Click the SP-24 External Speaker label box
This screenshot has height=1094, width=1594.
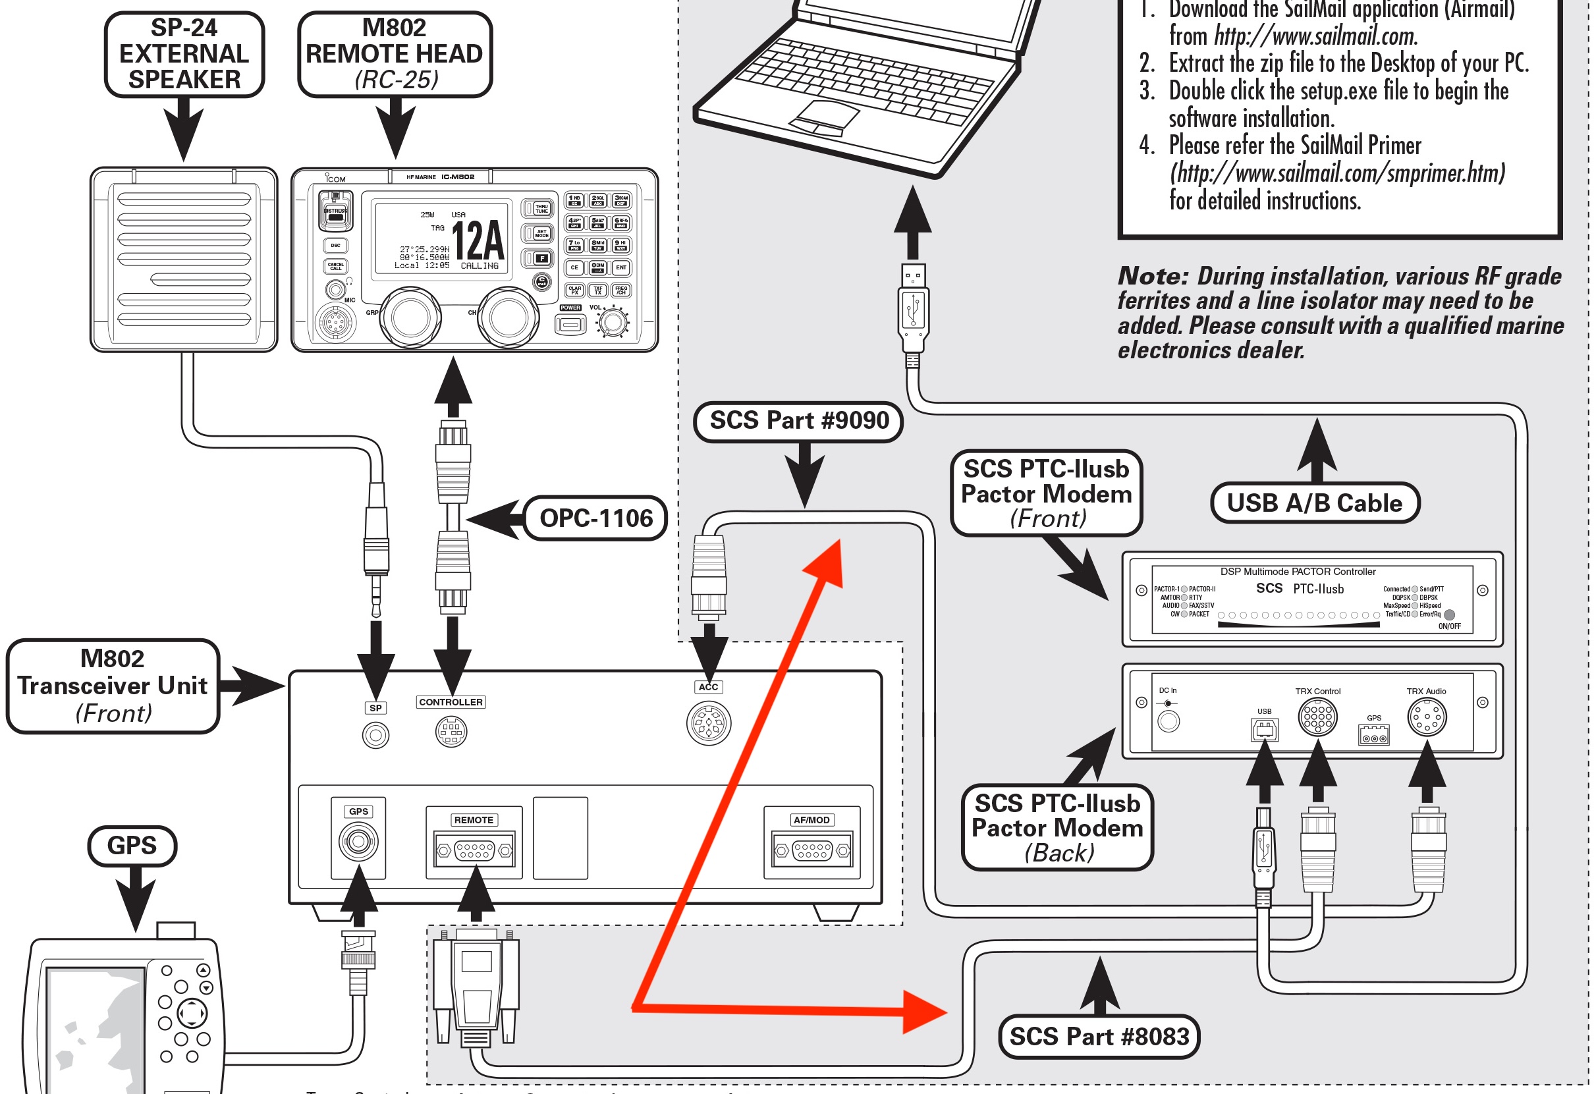[x=184, y=54]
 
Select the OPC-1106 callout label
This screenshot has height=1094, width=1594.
[x=595, y=518]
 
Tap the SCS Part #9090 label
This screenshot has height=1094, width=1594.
[x=798, y=420]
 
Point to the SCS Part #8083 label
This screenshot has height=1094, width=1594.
[x=1099, y=1037]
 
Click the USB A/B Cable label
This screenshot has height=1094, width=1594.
[x=1314, y=503]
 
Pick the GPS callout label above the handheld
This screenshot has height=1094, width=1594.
[x=132, y=846]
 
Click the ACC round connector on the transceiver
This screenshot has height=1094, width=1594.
[x=709, y=723]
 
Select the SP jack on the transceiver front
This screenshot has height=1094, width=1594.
[x=375, y=735]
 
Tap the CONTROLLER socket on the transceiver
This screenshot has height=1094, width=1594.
[x=451, y=731]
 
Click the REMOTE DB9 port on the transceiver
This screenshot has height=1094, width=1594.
[x=474, y=851]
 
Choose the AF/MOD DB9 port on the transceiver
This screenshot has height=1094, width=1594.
[x=811, y=851]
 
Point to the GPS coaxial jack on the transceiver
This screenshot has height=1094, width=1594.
[x=358, y=841]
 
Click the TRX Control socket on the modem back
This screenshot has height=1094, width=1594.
[x=1317, y=717]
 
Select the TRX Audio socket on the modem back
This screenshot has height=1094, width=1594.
[x=1427, y=717]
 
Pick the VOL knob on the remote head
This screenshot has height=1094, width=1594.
[x=613, y=322]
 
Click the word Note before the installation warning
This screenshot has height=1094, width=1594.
[x=1152, y=277]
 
